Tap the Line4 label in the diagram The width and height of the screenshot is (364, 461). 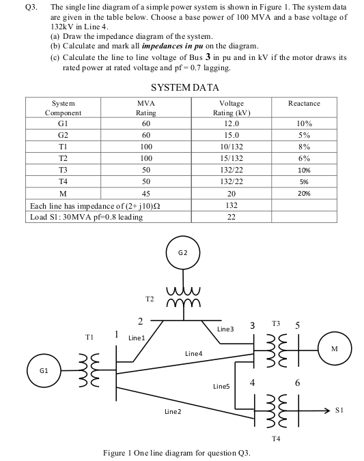194,353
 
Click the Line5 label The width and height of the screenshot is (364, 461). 222,387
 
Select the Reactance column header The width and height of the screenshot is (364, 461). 304,103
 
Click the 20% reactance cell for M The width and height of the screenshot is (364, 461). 304,193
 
